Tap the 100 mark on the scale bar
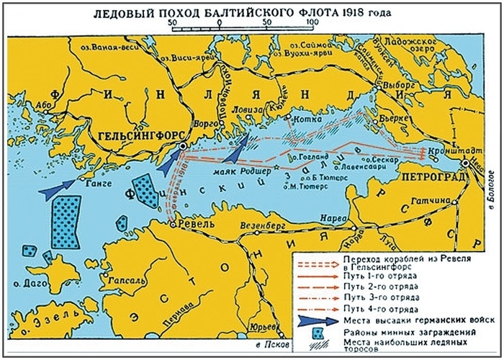(x=312, y=22)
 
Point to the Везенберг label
(x=271, y=223)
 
